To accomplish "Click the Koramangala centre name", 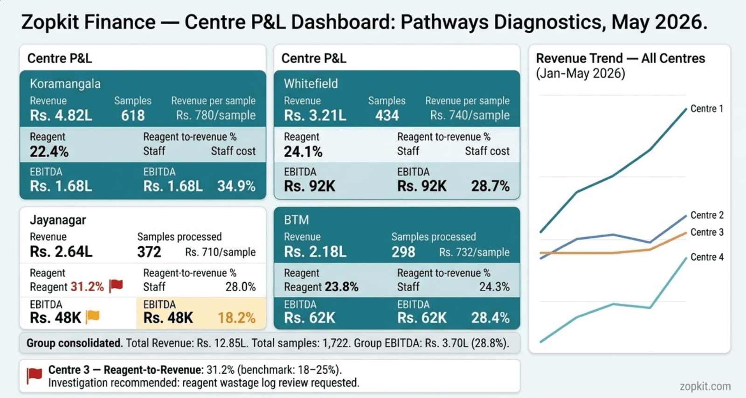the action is (x=65, y=84).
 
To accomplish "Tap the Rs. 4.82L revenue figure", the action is (x=61, y=115).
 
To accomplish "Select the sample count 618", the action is (x=133, y=115).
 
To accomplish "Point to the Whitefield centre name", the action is (x=311, y=84).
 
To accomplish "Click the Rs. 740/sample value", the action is (x=470, y=115).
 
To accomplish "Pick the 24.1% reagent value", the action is (x=303, y=152).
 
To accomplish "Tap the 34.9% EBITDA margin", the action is (x=236, y=186).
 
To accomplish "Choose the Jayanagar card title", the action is (x=58, y=220).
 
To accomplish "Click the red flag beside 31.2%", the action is (x=116, y=286).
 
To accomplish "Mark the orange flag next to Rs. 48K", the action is (x=93, y=316).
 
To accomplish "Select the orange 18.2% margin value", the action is (x=236, y=318).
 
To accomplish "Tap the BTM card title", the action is (x=297, y=220).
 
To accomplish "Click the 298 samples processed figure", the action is (x=403, y=252).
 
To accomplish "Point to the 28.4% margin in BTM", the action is (x=490, y=318).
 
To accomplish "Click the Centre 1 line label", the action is (x=707, y=109).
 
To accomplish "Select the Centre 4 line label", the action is (x=707, y=257).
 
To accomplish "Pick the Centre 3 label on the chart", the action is (x=707, y=232).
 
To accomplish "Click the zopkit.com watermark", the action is (x=705, y=386).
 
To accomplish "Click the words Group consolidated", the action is (x=75, y=343).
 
